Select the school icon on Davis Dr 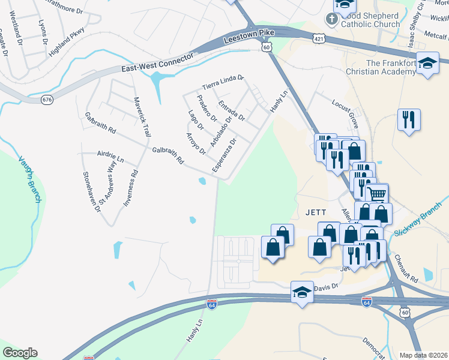click(x=302, y=292)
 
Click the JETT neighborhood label click(x=315, y=212)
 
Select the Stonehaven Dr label click(x=92, y=191)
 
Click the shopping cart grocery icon click(x=376, y=194)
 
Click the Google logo click(x=20, y=353)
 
